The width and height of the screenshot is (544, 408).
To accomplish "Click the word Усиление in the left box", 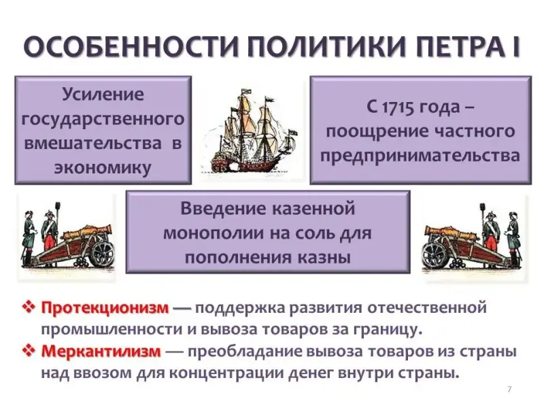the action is point(103,94).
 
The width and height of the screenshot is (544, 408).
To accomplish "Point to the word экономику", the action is point(103,167).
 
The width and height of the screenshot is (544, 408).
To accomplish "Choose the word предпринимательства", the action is point(420,156).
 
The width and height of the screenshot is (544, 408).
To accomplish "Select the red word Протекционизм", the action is point(105,308).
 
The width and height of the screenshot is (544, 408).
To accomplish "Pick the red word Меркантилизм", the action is point(101,351).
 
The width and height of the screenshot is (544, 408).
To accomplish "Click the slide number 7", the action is point(509,389).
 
